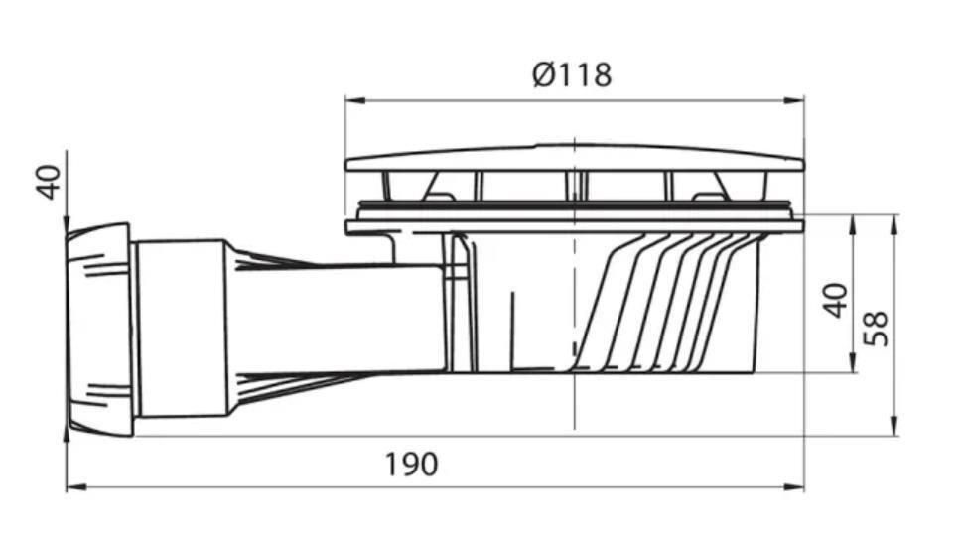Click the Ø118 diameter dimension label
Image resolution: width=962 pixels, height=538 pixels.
[x=572, y=74]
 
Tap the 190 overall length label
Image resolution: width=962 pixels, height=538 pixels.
[x=411, y=465]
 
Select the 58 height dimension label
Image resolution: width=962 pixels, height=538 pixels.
[x=876, y=329]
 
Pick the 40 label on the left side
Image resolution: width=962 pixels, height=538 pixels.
[x=49, y=183]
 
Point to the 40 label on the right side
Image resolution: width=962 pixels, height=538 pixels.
[x=835, y=301]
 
